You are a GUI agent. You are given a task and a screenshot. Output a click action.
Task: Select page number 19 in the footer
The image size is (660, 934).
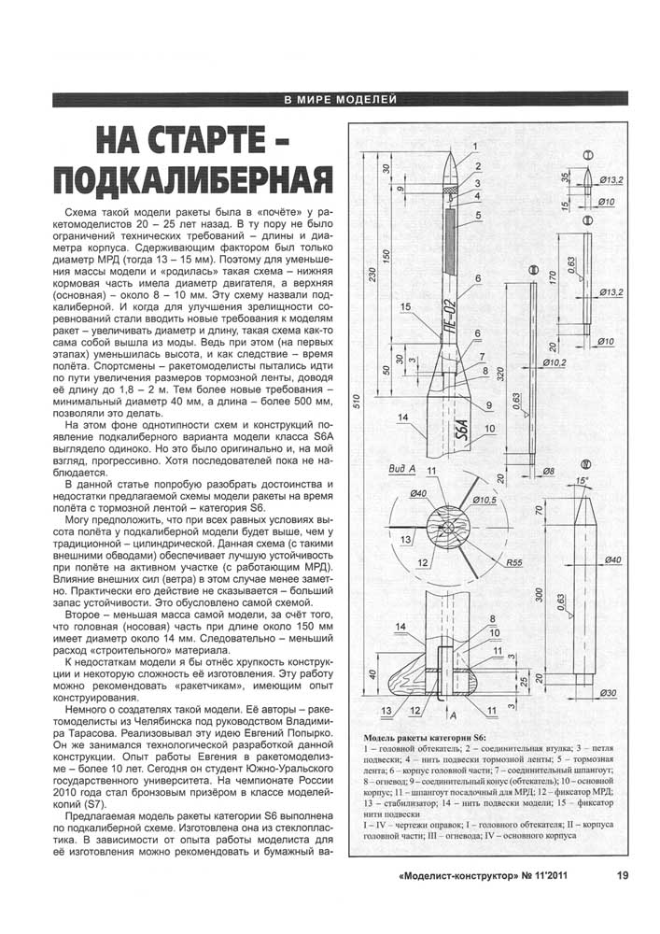point(622,875)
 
